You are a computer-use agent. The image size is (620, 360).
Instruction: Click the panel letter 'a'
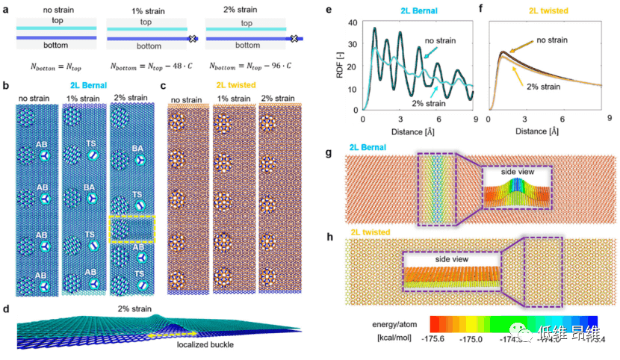tap(6, 7)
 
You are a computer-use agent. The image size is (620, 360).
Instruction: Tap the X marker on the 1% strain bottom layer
tap(192, 37)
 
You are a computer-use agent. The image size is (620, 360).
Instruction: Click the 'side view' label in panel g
tap(516, 173)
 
